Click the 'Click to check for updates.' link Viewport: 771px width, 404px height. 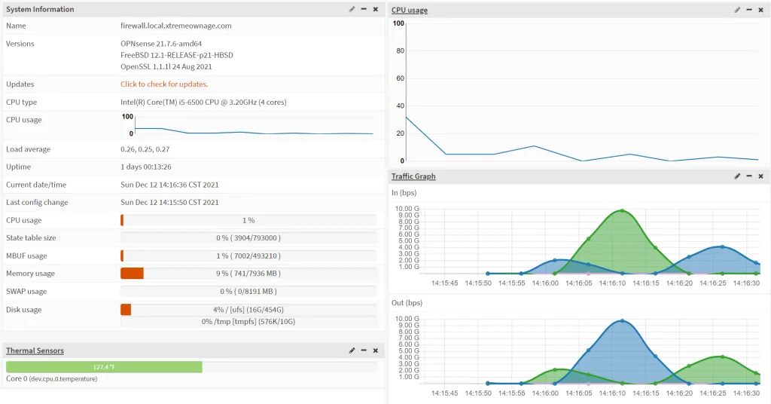164,84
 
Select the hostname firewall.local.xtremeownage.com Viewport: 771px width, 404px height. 176,26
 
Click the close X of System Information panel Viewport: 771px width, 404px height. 376,9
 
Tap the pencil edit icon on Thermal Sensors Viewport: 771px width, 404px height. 352,350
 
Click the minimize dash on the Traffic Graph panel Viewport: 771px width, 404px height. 749,176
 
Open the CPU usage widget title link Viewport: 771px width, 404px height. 410,10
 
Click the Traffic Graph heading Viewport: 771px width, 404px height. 413,176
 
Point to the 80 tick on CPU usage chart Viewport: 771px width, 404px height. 400,50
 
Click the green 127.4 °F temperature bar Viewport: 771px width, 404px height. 104,367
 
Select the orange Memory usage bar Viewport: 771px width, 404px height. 132,273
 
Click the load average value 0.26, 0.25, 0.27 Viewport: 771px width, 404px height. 145,149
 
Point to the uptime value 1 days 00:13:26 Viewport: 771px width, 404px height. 146,167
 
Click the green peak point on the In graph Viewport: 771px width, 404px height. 622,211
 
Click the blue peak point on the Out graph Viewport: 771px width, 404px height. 622,321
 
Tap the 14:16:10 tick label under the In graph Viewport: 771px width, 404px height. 612,283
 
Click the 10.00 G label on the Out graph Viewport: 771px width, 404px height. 407,318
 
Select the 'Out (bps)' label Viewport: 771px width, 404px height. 407,303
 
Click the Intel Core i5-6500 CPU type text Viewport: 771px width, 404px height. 203,103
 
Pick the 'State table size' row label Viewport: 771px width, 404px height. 31,237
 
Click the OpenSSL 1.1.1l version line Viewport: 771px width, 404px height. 166,66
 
